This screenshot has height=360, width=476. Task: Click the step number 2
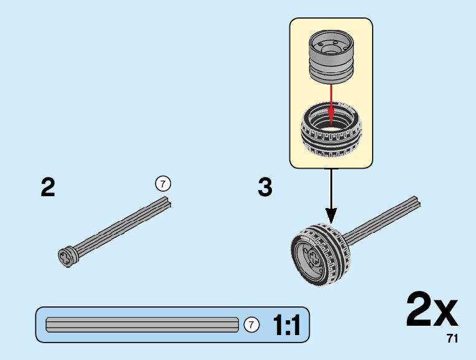pyautogui.click(x=48, y=187)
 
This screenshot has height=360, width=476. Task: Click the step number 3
pyautogui.click(x=265, y=187)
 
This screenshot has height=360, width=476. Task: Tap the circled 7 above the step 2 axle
pyautogui.click(x=162, y=184)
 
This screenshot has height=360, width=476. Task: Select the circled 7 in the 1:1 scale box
pyautogui.click(x=251, y=324)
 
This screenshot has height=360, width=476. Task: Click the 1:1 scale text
pyautogui.click(x=286, y=325)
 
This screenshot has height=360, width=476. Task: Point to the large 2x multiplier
pyautogui.click(x=431, y=310)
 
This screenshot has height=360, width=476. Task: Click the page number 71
pyautogui.click(x=452, y=339)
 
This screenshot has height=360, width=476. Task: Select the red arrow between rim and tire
pyautogui.click(x=330, y=103)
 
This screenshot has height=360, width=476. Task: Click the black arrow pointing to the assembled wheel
pyautogui.click(x=330, y=196)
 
